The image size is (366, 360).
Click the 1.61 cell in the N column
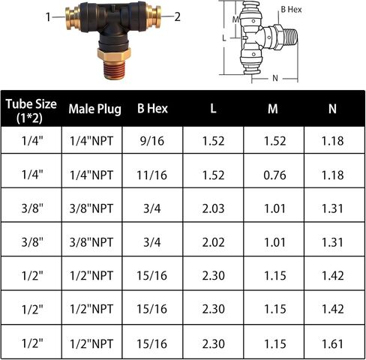(332, 344)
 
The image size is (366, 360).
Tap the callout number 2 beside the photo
(177, 16)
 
